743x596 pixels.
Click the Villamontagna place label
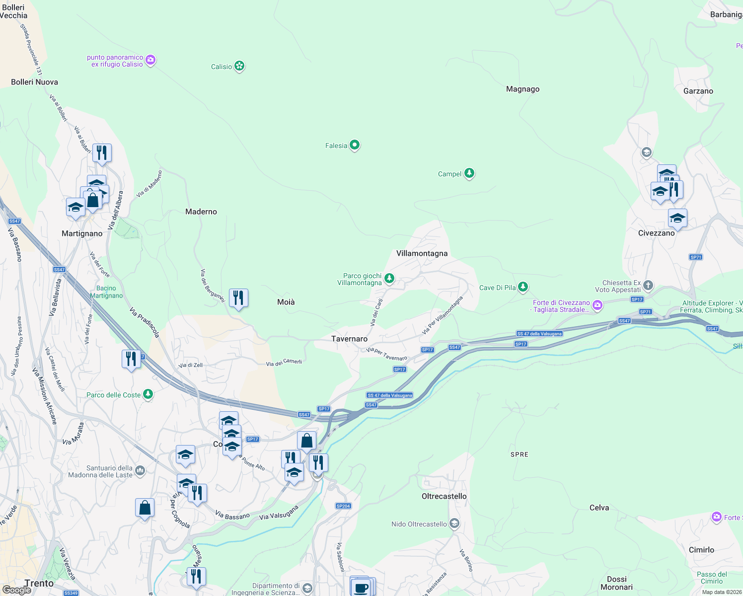[422, 253]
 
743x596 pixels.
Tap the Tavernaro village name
[349, 339]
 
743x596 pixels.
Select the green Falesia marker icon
[355, 145]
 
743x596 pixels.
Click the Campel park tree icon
[469, 173]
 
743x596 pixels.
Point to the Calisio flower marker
[239, 66]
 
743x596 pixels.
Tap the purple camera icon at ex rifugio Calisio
[150, 60]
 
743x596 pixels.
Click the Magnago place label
[522, 89]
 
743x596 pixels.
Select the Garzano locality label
[698, 91]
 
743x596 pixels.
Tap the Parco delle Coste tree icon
[148, 394]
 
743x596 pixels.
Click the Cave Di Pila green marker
[522, 287]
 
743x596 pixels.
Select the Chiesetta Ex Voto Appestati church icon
[648, 285]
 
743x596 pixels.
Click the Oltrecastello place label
[444, 496]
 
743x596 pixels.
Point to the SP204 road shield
[343, 506]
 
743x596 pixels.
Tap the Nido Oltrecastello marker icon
[454, 523]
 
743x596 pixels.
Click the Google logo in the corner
[16, 590]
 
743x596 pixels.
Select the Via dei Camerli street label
[284, 363]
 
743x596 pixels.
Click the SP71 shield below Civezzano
[696, 257]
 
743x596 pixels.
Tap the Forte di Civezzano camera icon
[597, 305]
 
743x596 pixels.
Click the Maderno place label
[201, 212]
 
